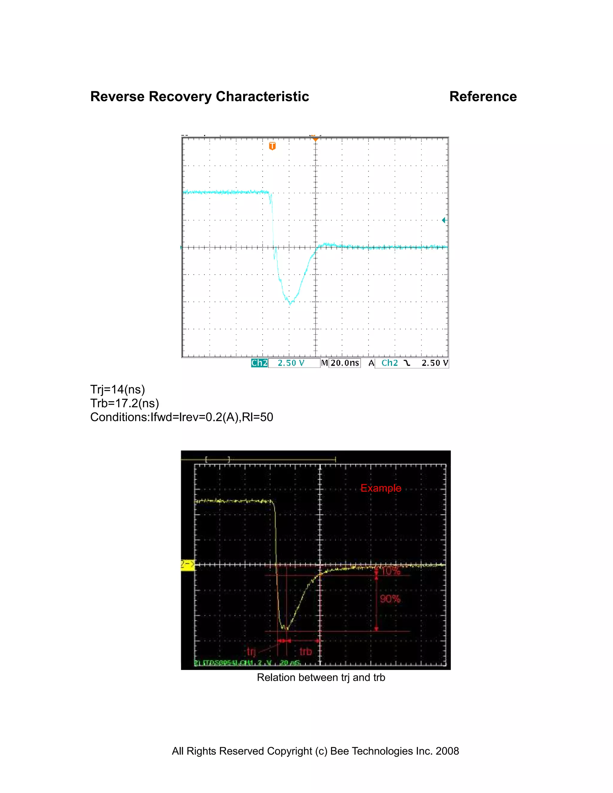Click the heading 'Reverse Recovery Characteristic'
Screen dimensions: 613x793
(199, 97)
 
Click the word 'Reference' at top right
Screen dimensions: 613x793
(482, 97)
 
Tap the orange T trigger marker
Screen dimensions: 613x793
(272, 146)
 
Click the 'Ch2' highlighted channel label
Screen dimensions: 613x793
(259, 363)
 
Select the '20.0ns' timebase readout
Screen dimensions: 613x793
(344, 363)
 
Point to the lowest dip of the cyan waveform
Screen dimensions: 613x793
(290, 303)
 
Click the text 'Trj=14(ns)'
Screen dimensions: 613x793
(117, 389)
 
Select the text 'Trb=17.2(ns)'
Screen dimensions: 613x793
(125, 403)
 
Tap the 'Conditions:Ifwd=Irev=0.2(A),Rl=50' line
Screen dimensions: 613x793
(182, 417)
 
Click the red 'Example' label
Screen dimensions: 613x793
(381, 488)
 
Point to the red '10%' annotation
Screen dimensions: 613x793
(391, 571)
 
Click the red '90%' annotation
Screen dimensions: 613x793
(390, 599)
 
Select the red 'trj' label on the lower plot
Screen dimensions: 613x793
(251, 651)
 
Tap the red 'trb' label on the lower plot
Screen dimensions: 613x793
(305, 651)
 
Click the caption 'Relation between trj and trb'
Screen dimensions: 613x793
(321, 677)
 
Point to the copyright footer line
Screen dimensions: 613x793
(315, 751)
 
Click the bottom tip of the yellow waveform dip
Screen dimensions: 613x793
(286, 629)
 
